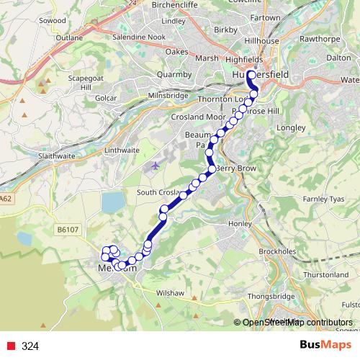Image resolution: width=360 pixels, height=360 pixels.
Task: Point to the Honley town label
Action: [x=239, y=224]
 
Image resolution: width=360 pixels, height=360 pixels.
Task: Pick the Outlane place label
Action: [x=69, y=37]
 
